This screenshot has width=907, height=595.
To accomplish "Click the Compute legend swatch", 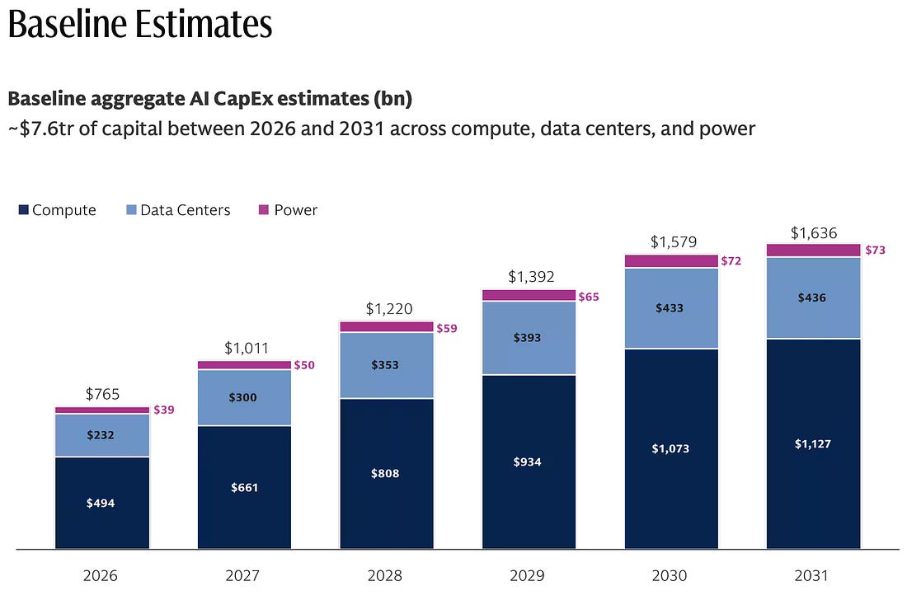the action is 24,209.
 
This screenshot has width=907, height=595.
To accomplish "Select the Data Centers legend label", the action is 185,210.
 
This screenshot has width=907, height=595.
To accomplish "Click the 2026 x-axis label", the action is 100,575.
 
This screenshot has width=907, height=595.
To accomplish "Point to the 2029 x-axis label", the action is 527,575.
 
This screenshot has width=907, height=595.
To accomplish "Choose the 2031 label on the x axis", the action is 811,575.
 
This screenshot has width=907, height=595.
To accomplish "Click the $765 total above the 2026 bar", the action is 102,394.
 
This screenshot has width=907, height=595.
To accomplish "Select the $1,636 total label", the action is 814,233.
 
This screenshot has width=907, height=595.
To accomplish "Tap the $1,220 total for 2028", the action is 389,309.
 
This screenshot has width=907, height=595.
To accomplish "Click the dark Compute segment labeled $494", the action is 102,503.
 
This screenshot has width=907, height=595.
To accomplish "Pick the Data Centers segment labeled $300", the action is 244,398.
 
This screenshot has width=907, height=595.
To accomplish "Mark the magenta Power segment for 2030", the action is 671,260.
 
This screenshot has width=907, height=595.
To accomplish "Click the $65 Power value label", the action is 589,297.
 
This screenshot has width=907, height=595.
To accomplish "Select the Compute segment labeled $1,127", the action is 814,444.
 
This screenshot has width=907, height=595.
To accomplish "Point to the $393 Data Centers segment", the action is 529,338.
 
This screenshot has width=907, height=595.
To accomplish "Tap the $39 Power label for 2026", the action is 164,410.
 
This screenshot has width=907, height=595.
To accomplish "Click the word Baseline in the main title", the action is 68,24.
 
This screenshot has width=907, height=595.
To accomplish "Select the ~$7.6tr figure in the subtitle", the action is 40,129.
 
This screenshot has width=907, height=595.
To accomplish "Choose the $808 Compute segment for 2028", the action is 387,474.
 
